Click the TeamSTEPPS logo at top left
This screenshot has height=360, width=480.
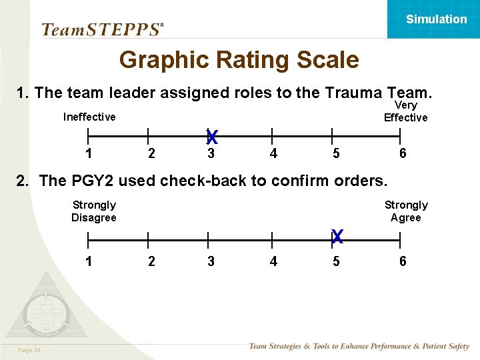[x=102, y=29]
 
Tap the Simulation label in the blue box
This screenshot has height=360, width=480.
[x=437, y=19]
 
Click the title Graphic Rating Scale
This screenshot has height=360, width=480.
[x=239, y=61]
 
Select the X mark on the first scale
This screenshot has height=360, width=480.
[x=212, y=137]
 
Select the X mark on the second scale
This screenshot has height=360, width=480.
[x=337, y=236]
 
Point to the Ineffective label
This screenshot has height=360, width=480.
[x=89, y=117]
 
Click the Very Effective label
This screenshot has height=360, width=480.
[x=405, y=111]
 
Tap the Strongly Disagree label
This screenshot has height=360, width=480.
[x=94, y=211]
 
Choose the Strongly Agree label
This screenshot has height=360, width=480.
[x=406, y=211]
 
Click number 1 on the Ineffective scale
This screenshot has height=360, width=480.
[x=89, y=154]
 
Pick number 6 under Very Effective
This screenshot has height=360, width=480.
[x=403, y=154]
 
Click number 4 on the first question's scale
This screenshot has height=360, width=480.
[x=273, y=154]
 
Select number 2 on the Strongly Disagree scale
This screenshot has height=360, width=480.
[x=151, y=261]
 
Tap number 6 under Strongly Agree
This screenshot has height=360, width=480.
[x=403, y=261]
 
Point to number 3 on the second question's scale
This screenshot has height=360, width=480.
[x=211, y=261]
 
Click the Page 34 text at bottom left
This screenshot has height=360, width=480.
[x=30, y=351]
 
